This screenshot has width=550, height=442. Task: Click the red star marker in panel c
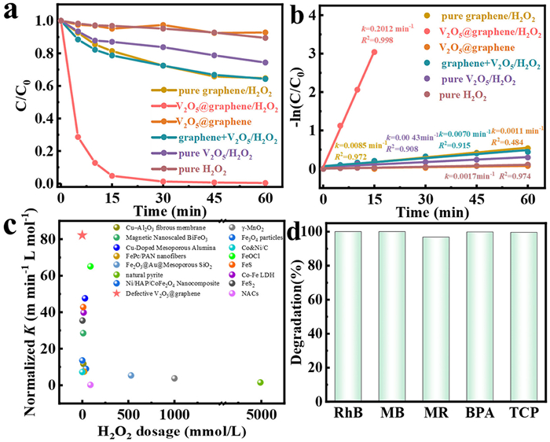tap(82, 235)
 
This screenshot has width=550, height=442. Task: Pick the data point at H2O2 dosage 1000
tap(174, 378)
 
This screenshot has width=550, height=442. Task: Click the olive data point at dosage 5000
tap(260, 382)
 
